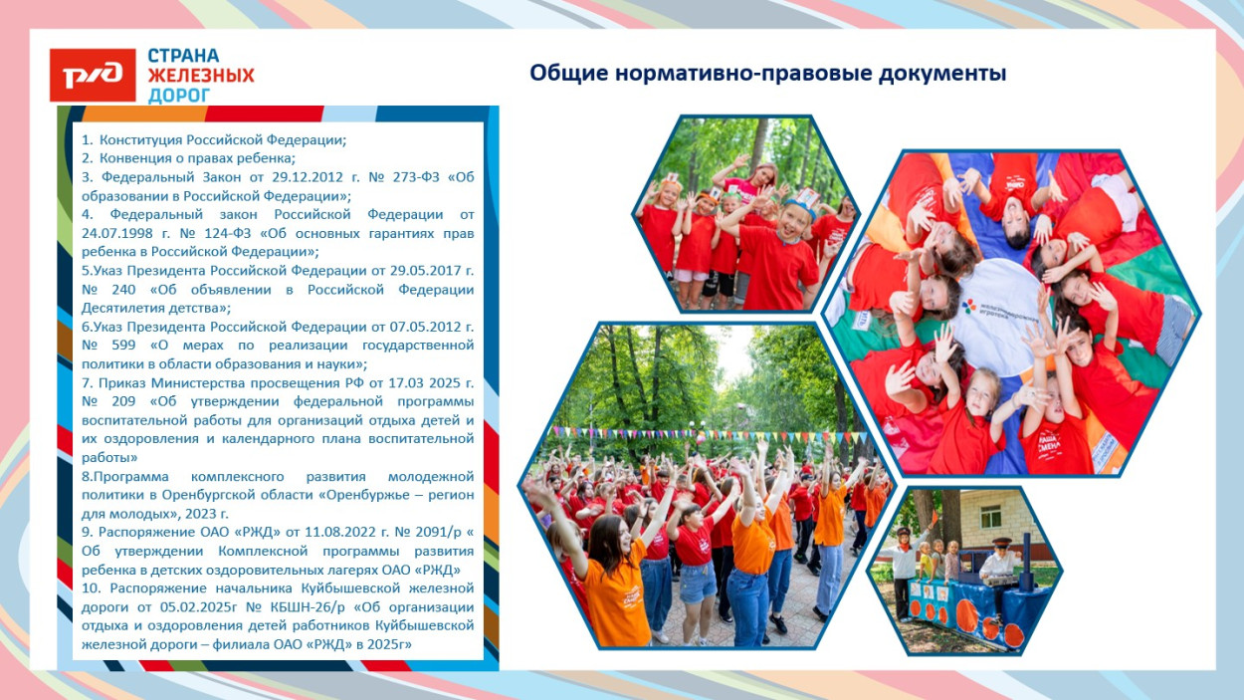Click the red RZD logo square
[x=92, y=75]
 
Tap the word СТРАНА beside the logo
[x=183, y=56]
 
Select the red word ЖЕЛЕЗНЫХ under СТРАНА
[x=201, y=76]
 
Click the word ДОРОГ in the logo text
[x=179, y=96]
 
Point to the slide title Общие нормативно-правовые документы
[x=767, y=74]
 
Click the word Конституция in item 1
[x=144, y=140]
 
